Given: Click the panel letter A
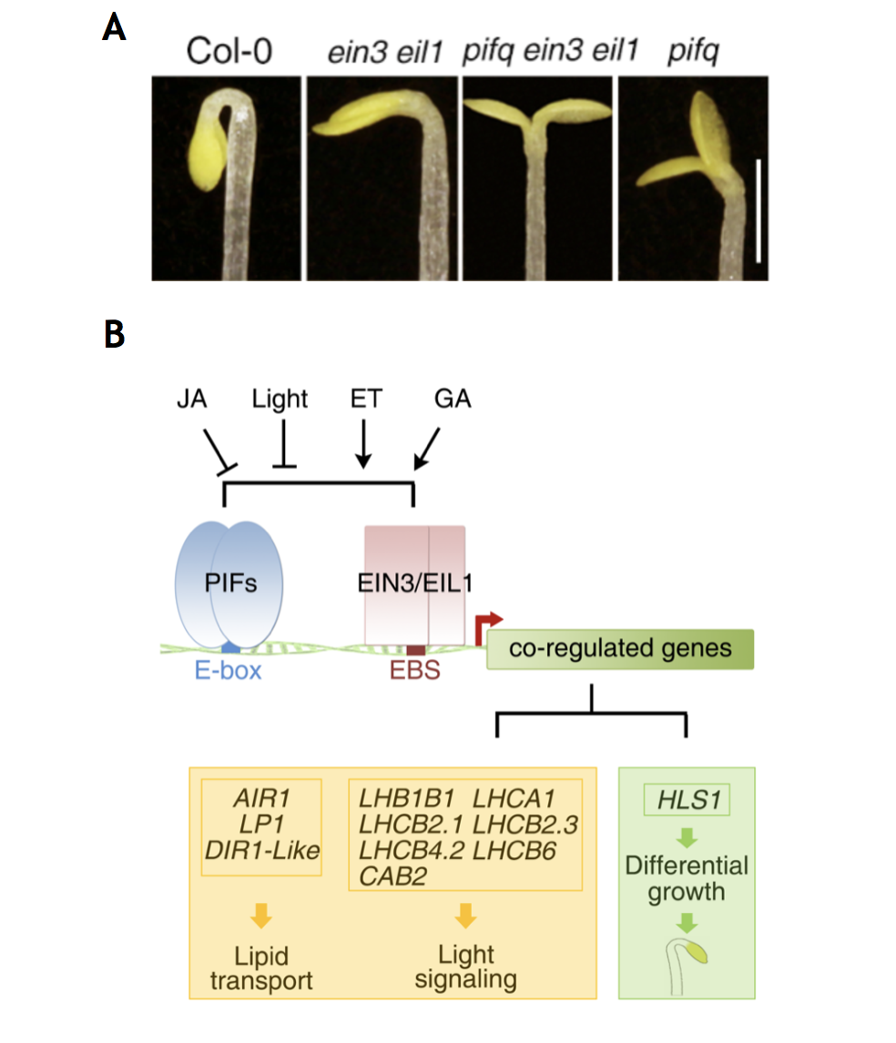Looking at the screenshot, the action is point(114,28).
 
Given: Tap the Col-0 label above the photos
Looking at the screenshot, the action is point(229,51).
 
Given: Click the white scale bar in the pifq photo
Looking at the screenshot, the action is point(759,210).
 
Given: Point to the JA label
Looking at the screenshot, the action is point(192,399).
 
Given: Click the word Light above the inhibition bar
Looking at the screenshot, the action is point(280,400).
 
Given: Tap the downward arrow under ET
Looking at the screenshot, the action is point(362,443).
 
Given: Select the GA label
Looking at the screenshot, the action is point(453,399).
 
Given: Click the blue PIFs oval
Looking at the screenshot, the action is point(229,584).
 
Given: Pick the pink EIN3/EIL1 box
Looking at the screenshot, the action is point(414,585).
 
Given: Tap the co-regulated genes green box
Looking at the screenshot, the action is point(620,649).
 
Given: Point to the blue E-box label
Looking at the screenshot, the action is point(228,671).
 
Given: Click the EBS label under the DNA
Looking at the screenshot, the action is point(414,671).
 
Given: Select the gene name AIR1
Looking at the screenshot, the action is point(261,798).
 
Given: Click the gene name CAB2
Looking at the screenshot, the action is point(392,876).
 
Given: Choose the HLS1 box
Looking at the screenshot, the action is point(687,800).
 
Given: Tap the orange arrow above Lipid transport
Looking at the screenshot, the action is point(261,916).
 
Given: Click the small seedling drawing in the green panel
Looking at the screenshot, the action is point(687,966).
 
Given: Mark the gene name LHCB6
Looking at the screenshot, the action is point(514,851).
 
